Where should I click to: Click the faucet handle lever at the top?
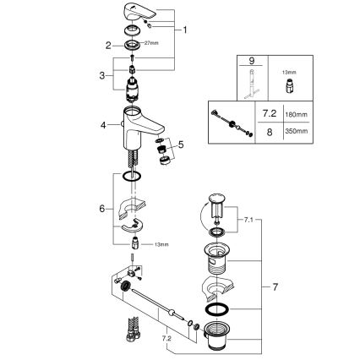[140, 10]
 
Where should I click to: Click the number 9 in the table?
[250, 60]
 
